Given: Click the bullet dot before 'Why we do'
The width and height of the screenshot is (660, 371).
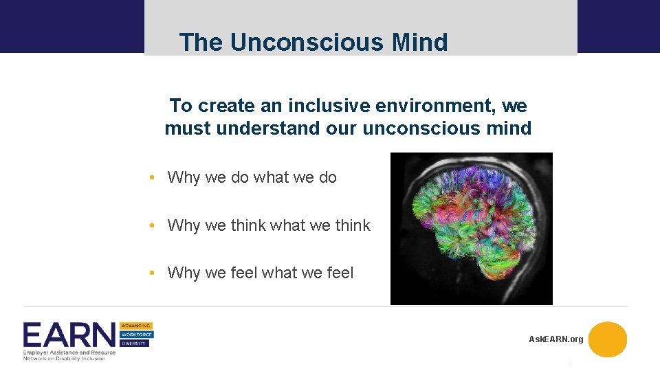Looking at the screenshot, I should point(151,177).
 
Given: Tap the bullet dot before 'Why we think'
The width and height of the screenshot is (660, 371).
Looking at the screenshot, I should point(151,225).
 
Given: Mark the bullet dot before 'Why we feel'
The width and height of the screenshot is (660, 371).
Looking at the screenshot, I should point(151,273).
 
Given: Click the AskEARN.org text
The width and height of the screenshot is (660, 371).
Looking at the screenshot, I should point(555,339).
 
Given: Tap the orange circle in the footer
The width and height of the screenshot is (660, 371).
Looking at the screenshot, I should point(608,339).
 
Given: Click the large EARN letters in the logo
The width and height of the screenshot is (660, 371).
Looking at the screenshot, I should point(69,336).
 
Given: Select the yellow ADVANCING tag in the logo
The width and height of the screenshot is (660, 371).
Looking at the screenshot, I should point(137,326).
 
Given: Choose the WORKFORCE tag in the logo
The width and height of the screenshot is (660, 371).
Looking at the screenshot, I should point(137,335).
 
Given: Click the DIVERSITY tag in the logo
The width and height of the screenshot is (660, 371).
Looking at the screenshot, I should point(135,344).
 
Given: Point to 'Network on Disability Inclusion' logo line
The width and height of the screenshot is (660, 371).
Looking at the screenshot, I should point(64,358).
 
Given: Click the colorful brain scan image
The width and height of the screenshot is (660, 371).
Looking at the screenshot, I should point(471,228).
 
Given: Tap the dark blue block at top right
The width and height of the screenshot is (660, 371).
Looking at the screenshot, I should point(618,26).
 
